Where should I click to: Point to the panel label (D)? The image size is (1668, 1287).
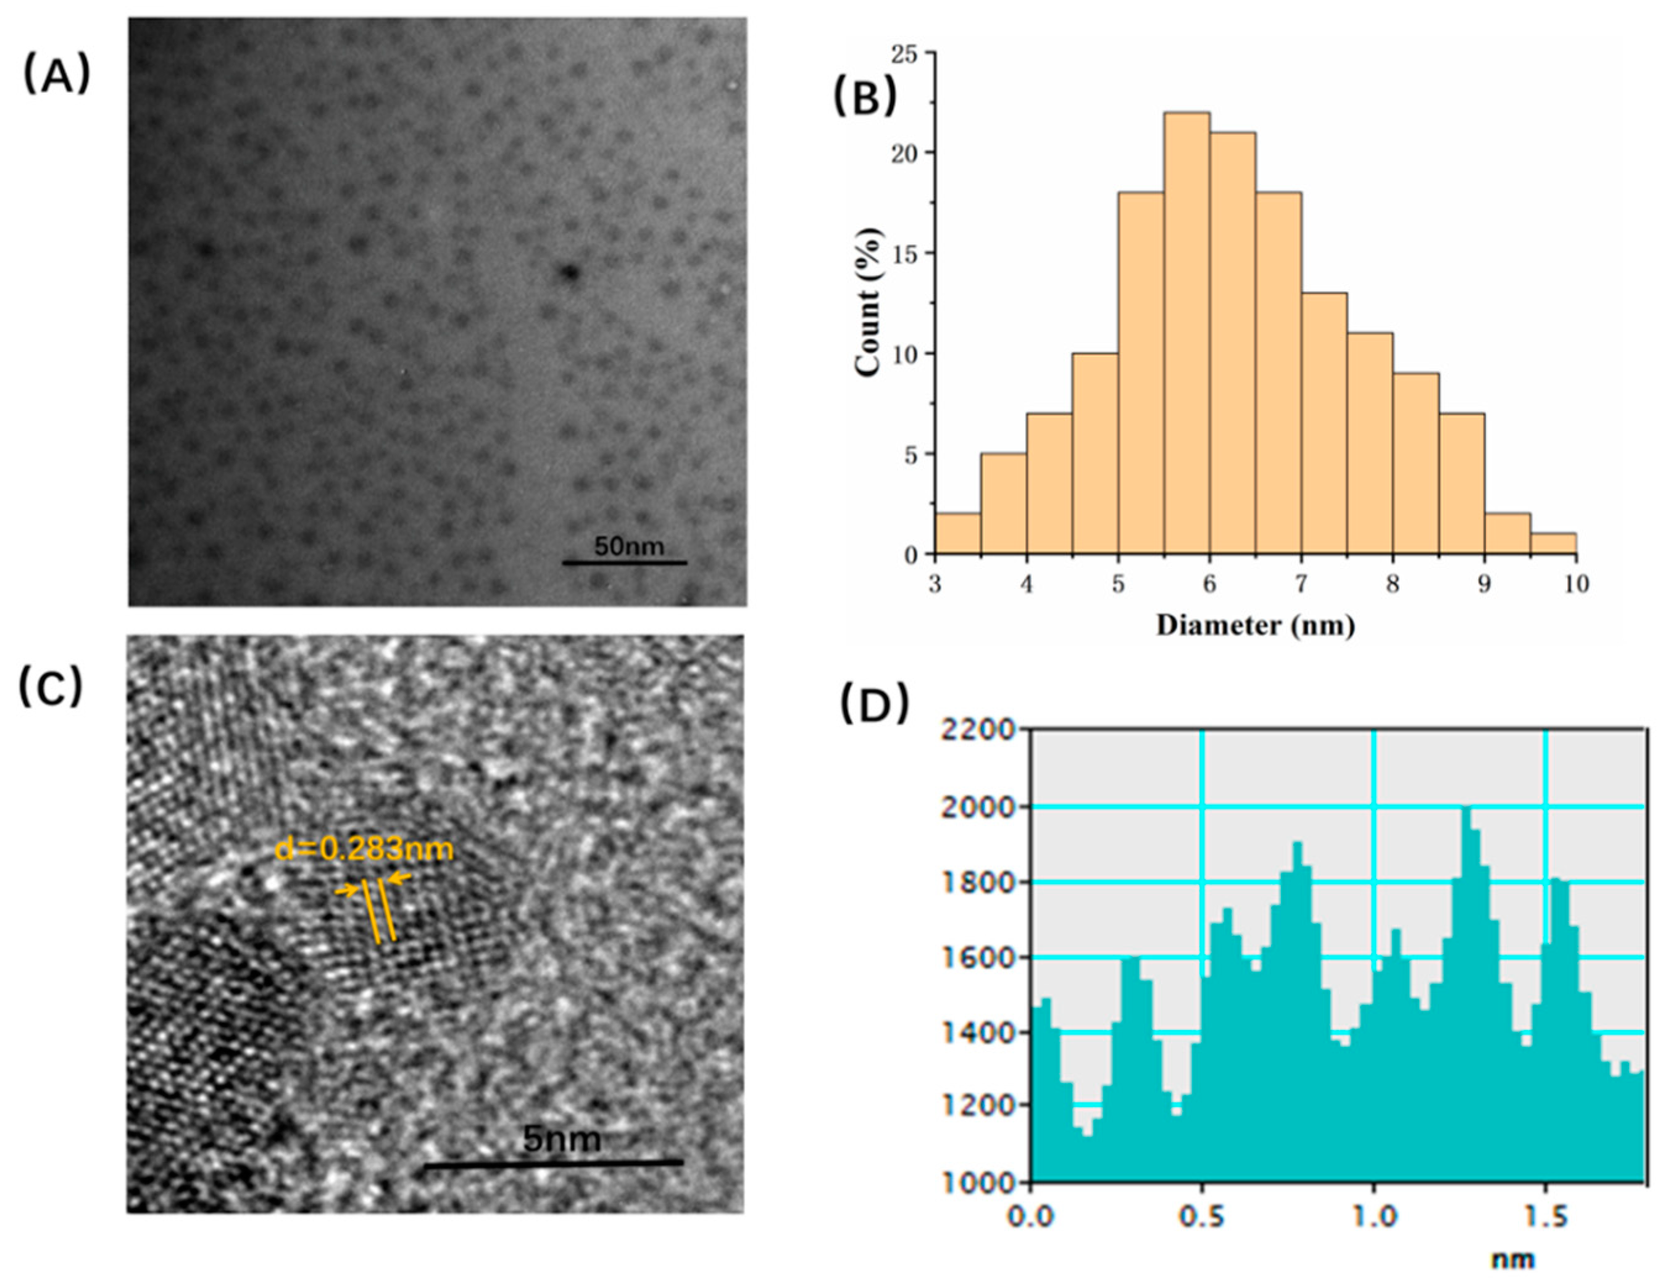click(875, 704)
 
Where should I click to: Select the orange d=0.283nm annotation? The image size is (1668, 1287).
click(364, 849)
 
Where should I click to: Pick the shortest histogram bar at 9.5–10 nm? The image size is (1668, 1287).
click(1553, 543)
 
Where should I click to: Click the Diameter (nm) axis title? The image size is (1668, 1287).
click(1255, 625)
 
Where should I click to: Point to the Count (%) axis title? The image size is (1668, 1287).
click(870, 303)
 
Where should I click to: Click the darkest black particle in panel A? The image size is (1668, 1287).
click(569, 272)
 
